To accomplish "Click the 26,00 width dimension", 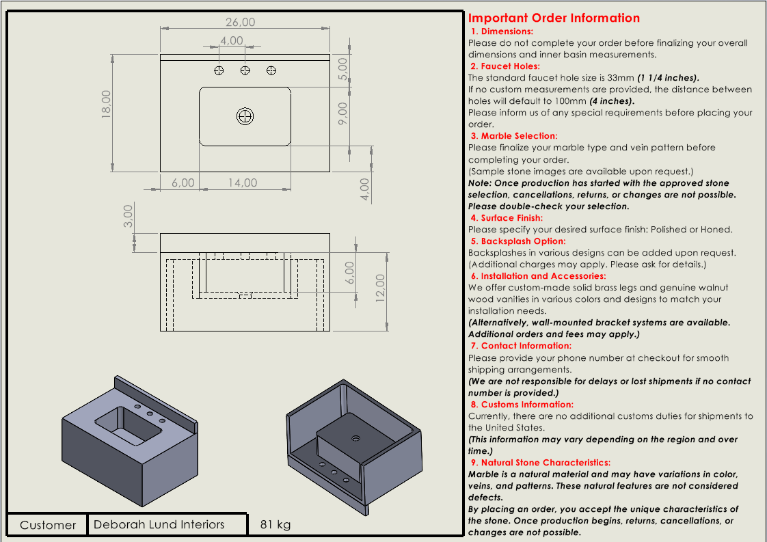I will click(x=241, y=23).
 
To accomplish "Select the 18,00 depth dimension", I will click(x=106, y=104).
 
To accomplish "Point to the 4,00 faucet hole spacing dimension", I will click(x=232, y=41).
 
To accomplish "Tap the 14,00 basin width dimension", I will click(x=243, y=182).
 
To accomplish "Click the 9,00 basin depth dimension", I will click(x=343, y=113).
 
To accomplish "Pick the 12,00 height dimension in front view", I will click(x=381, y=287).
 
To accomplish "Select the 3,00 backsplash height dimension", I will click(x=127, y=217).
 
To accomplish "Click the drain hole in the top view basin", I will click(x=245, y=116).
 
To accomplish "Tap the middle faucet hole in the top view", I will click(x=245, y=70).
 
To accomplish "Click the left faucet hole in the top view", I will click(x=219, y=70).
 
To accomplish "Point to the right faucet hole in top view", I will click(x=271, y=70).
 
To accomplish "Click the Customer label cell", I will click(x=48, y=525).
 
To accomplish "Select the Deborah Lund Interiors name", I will click(x=159, y=524).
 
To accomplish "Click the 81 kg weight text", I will click(x=275, y=524).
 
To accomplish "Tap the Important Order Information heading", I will click(x=554, y=18).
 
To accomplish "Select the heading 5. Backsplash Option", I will click(x=517, y=241).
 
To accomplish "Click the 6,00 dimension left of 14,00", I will click(x=183, y=182).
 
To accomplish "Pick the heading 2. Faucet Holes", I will click(x=504, y=66).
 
